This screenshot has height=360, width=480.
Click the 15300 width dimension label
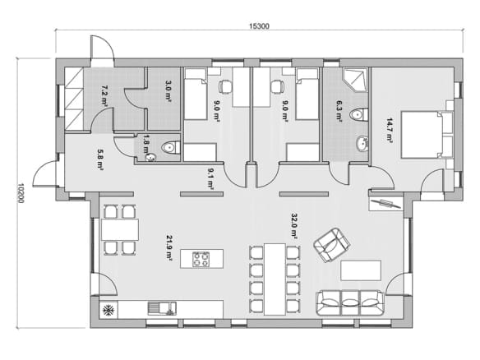(x=259, y=26)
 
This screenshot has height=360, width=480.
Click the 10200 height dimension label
(x=21, y=193)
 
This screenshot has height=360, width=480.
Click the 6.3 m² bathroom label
(x=339, y=112)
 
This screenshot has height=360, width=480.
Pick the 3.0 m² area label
(x=168, y=91)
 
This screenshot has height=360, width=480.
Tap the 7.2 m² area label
(x=104, y=96)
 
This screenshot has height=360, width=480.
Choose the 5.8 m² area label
(x=100, y=159)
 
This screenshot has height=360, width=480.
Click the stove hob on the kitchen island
(x=201, y=259)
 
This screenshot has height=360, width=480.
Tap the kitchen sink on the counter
(x=162, y=308)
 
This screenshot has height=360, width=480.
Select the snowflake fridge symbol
(x=108, y=310)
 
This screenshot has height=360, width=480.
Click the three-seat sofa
(x=349, y=302)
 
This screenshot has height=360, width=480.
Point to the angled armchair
(x=331, y=245)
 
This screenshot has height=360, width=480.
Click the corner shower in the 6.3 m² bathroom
(x=355, y=81)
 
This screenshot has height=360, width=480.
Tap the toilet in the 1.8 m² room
(x=171, y=147)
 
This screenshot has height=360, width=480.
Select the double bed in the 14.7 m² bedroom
(x=427, y=135)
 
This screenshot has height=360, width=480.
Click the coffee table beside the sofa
(x=361, y=270)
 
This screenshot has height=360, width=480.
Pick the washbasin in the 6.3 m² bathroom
(x=362, y=144)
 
